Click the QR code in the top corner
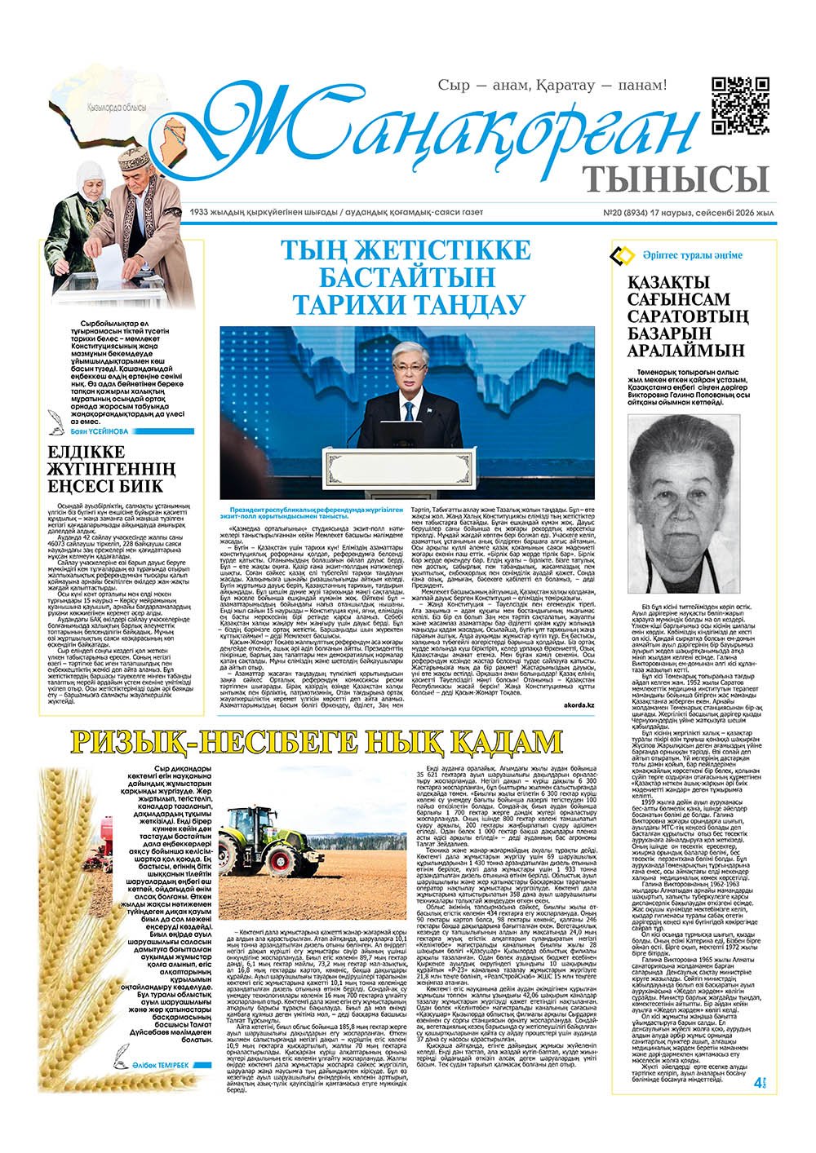(740, 105)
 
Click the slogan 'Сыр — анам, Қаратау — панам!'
(552, 85)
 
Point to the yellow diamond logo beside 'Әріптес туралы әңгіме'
(623, 255)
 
